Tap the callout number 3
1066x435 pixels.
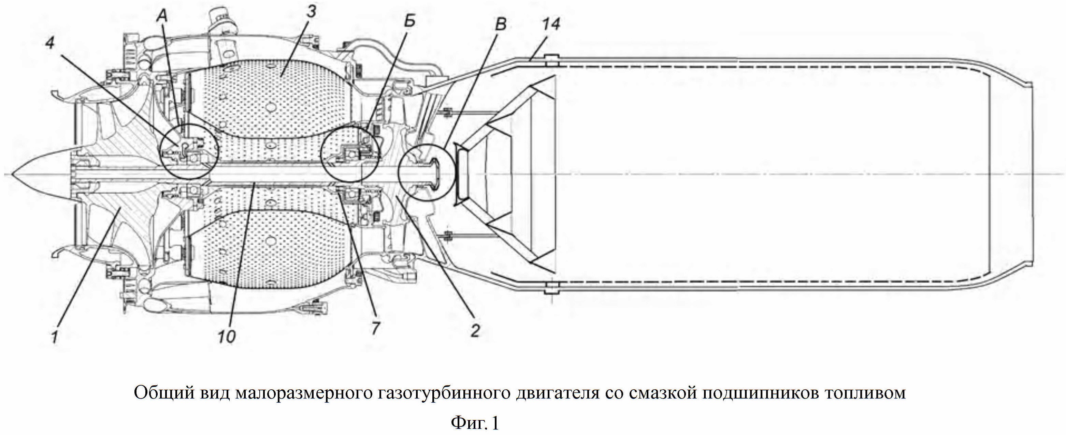[x=312, y=11]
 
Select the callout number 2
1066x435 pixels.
[x=475, y=330]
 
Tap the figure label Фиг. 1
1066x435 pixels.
[x=475, y=423]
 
